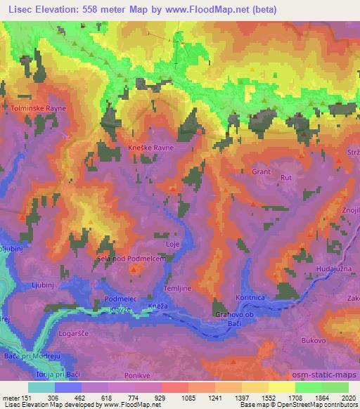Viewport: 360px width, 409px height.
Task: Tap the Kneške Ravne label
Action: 151,148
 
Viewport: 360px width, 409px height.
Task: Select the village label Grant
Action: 261,170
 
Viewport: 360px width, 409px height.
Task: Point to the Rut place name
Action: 285,178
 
